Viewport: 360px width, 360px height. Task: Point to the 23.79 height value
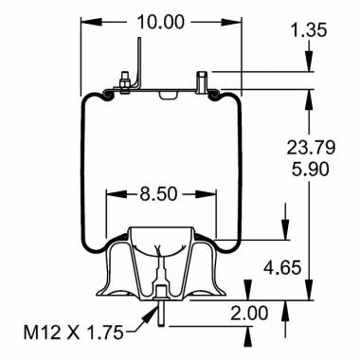point(310,147)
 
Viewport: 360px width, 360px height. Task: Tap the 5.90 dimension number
point(310,172)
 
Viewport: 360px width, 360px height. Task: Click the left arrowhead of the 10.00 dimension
point(84,21)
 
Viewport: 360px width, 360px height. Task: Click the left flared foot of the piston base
point(104,284)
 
